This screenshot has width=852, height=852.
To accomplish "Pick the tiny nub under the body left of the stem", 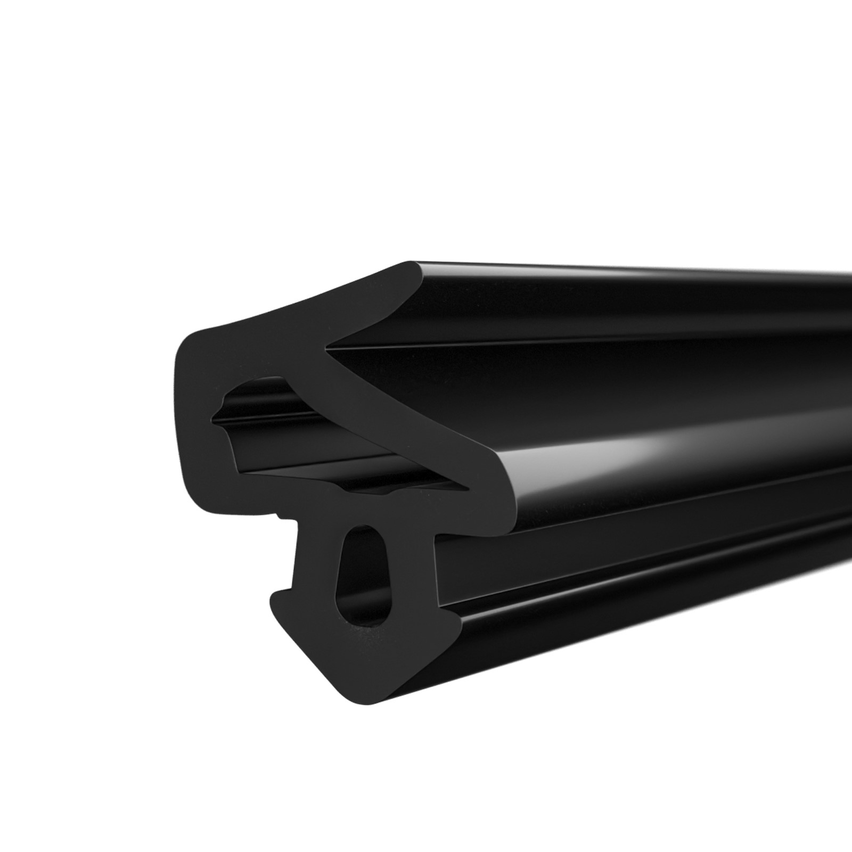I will (x=278, y=515).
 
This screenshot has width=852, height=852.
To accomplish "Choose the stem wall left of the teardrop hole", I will (x=317, y=575).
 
